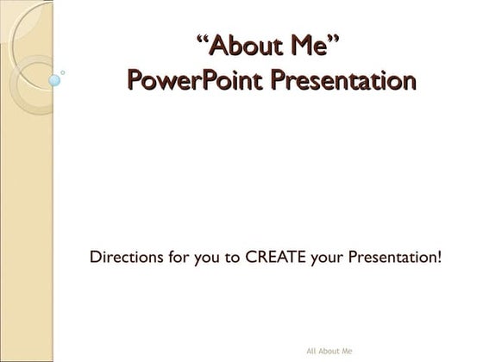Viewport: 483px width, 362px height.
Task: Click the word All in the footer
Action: pyautogui.click(x=311, y=351)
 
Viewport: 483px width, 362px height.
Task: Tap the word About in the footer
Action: pyautogui.click(x=330, y=351)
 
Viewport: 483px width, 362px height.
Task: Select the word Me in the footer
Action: pyautogui.click(x=348, y=351)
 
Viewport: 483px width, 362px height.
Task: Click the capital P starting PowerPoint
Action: pyautogui.click(x=135, y=81)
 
